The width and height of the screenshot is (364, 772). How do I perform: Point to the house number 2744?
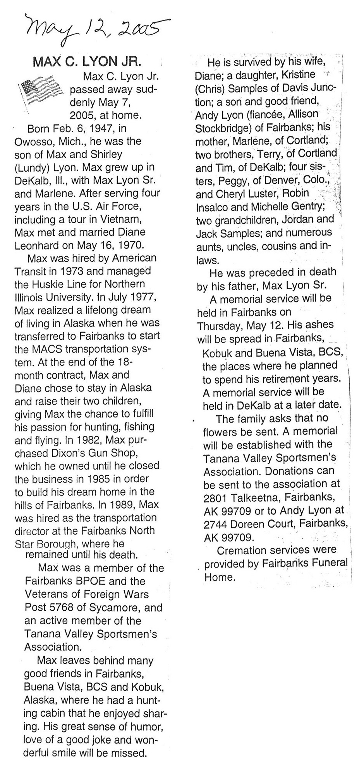(x=215, y=524)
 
